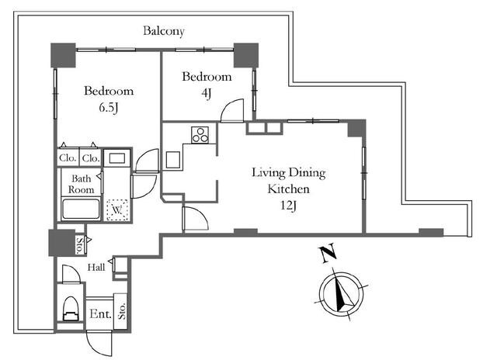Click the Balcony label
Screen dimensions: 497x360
(164, 31)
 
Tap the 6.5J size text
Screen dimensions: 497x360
(109, 108)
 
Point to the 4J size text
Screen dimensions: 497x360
(207, 93)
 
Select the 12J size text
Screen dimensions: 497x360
(288, 206)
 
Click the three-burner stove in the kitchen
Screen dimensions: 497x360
(200, 135)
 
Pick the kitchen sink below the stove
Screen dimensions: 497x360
(173, 160)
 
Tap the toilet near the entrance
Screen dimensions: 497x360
(71, 309)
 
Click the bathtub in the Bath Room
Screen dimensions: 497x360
(81, 209)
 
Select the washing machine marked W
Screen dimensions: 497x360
(117, 209)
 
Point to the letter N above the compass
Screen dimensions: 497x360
(328, 253)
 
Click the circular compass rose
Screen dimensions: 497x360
(342, 292)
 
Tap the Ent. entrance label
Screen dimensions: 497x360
(100, 314)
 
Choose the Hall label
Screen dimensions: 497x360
(96, 268)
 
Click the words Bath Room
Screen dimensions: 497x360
(81, 185)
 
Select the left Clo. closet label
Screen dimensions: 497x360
(68, 157)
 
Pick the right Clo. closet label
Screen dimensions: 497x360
(91, 157)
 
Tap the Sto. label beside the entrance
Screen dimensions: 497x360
(122, 311)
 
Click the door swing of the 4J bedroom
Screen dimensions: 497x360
(232, 110)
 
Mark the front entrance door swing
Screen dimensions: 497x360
(99, 343)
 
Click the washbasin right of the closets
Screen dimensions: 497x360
(117, 157)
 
